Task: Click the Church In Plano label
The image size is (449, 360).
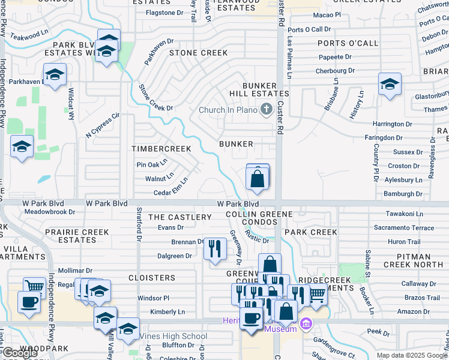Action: coord(228,109)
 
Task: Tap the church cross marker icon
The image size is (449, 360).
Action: coord(266,109)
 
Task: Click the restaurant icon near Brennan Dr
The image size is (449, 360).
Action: coord(215,248)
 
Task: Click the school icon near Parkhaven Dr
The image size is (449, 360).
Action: coord(55,75)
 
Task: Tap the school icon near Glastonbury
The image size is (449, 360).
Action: coord(390,84)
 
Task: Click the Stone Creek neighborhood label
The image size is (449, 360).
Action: coord(198,53)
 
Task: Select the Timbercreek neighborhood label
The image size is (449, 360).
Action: coord(162,148)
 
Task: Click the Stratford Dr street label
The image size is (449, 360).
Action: coord(138,225)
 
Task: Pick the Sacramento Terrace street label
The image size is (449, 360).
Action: coord(403,228)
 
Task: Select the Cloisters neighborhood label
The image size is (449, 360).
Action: coord(152,278)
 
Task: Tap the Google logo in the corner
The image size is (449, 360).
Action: coord(20,353)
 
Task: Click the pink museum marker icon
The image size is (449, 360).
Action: coord(306,325)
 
